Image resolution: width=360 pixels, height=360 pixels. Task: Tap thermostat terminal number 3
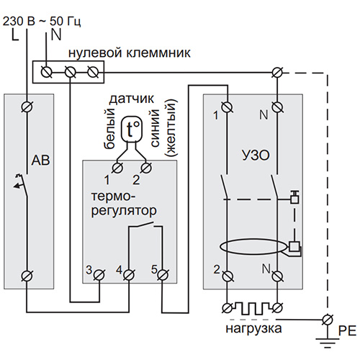pyautogui.click(x=99, y=275)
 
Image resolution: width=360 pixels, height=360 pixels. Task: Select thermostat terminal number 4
pyautogui.click(x=129, y=275)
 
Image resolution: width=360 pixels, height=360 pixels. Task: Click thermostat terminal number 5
pyautogui.click(x=163, y=275)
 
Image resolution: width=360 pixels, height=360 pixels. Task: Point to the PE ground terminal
pyautogui.click(x=328, y=320)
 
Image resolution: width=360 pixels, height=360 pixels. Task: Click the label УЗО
pyautogui.click(x=256, y=156)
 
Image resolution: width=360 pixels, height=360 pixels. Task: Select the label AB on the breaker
pyautogui.click(x=40, y=160)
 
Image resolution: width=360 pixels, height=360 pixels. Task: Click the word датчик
pyautogui.click(x=132, y=99)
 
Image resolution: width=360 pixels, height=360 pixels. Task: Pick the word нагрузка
pyautogui.click(x=253, y=329)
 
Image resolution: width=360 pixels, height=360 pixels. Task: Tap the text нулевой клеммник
pyautogui.click(x=130, y=53)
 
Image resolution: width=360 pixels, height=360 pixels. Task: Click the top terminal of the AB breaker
pyautogui.click(x=27, y=107)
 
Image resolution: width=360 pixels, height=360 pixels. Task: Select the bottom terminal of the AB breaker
pyautogui.click(x=27, y=276)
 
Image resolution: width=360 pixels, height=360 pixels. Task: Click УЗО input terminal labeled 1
pyautogui.click(x=227, y=107)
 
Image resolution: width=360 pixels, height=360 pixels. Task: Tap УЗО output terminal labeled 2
pyautogui.click(x=227, y=276)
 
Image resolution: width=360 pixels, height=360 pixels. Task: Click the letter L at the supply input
pyautogui.click(x=15, y=35)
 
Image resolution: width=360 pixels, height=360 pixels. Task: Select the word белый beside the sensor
pyautogui.click(x=109, y=128)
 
